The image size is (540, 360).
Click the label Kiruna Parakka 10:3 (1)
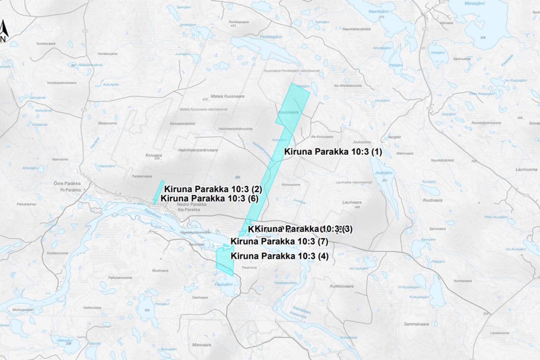tap(333, 152)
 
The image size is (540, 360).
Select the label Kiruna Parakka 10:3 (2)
tap(213, 189)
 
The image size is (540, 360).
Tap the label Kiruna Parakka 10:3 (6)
tap(209, 198)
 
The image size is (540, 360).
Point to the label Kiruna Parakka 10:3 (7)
tap(279, 242)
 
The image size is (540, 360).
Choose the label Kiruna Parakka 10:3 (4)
tap(279, 256)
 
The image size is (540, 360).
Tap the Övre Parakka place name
tap(67, 183)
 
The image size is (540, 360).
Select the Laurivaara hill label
tap(352, 202)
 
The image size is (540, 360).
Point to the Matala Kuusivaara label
tap(227, 96)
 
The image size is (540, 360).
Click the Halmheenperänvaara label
tap(198, 150)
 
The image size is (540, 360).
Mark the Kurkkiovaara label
tap(342, 286)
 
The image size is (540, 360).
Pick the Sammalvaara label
tap(416, 324)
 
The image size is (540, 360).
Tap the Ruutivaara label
tap(432, 200)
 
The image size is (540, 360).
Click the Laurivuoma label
tap(526, 170)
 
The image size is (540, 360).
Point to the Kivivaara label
tap(153, 155)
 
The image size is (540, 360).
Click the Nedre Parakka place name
tap(191, 204)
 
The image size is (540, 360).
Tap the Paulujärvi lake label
tap(224, 284)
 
